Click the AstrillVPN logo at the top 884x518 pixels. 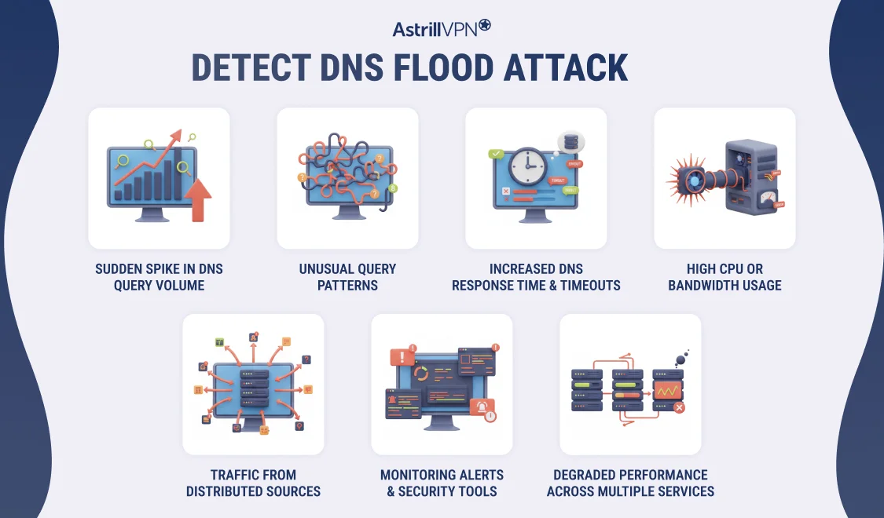click(442, 28)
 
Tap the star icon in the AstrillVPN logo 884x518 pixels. click(484, 25)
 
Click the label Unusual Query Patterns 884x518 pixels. click(347, 277)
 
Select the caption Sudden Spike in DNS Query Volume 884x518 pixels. click(159, 277)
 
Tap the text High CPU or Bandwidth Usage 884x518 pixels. click(724, 277)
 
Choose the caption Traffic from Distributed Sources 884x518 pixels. click(253, 483)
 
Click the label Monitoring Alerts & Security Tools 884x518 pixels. click(442, 483)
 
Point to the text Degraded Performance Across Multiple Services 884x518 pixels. click(630, 483)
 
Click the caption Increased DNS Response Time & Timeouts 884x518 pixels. click(536, 277)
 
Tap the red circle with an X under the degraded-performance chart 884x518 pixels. click(679, 408)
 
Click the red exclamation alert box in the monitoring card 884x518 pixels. click(402, 358)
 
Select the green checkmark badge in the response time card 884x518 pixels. click(496, 155)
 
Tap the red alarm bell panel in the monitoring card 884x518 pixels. click(481, 407)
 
